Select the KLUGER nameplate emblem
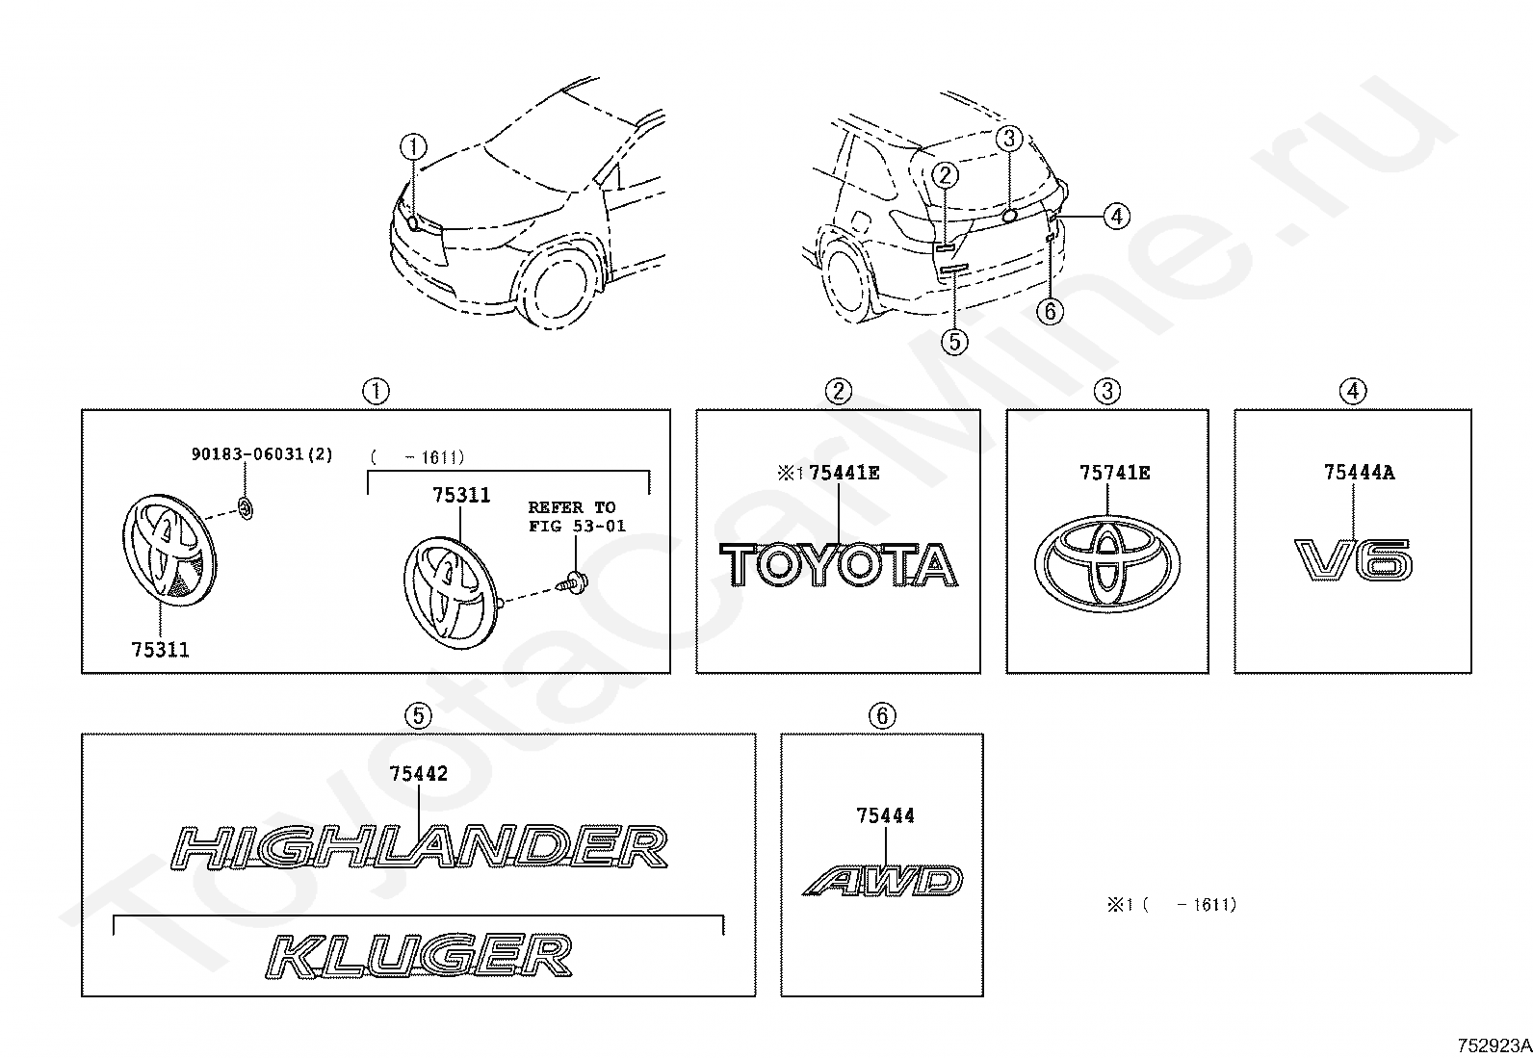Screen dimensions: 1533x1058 419,955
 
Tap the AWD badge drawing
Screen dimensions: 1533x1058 883,880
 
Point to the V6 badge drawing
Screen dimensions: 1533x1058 1354,560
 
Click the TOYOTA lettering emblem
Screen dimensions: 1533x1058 839,564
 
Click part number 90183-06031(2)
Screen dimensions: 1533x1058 262,453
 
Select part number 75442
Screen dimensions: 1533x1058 419,773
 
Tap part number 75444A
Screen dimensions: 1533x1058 1359,472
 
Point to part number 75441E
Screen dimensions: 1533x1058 844,472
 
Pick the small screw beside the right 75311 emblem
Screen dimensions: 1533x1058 576,581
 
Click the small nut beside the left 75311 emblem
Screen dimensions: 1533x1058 246,507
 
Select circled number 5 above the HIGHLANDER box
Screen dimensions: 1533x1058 418,715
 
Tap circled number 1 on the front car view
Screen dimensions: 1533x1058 413,147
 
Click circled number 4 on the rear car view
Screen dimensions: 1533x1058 1116,217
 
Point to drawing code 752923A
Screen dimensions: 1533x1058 1493,1045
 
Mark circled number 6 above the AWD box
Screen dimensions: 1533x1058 881,715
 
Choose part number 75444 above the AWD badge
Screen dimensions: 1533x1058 885,815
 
